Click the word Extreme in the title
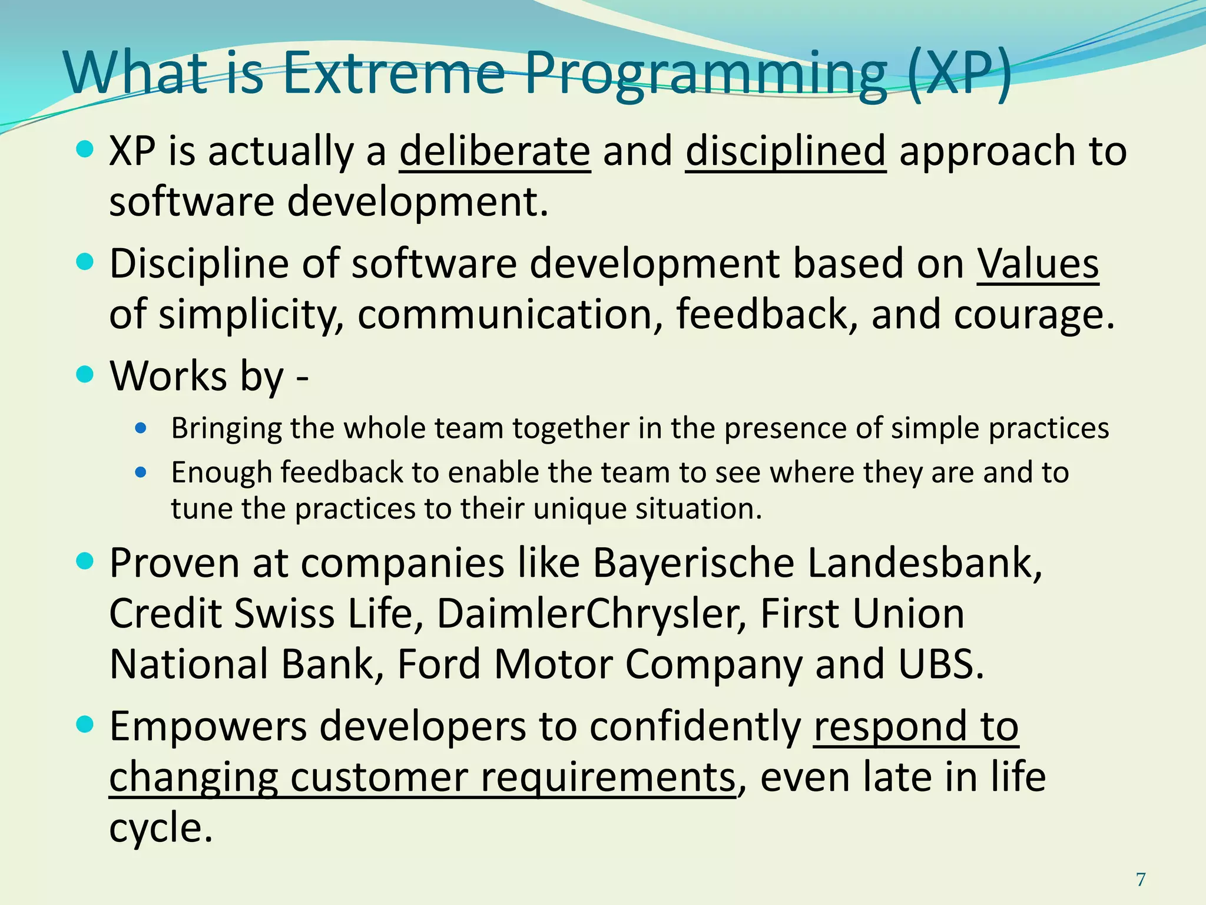pos(393,73)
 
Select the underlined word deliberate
pos(495,151)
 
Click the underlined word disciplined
pos(786,152)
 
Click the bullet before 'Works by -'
pos(85,374)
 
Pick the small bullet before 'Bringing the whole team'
pos(140,428)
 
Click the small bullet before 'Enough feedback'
pos(140,472)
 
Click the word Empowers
pos(208,726)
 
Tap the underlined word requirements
pos(608,778)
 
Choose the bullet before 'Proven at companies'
pos(85,562)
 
